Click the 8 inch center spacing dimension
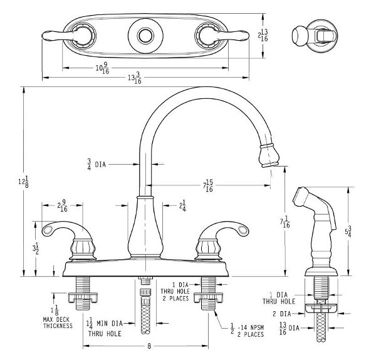click(x=148, y=345)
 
